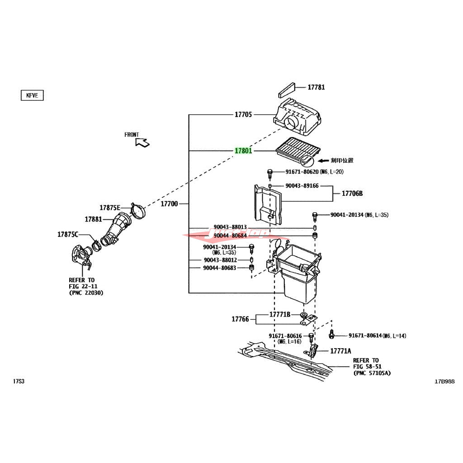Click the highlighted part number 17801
point(243,151)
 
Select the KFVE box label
point(31,95)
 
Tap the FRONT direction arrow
point(142,142)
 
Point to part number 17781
point(316,87)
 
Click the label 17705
point(243,115)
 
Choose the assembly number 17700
point(169,204)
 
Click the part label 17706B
point(352,194)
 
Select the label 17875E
point(110,208)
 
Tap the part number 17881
point(93,219)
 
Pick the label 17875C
point(67,234)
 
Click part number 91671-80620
point(302,172)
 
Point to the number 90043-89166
point(302,185)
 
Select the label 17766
point(240,319)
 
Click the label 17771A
point(340,351)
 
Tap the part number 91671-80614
point(365,335)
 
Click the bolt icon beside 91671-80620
point(270,172)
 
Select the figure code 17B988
point(445,381)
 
